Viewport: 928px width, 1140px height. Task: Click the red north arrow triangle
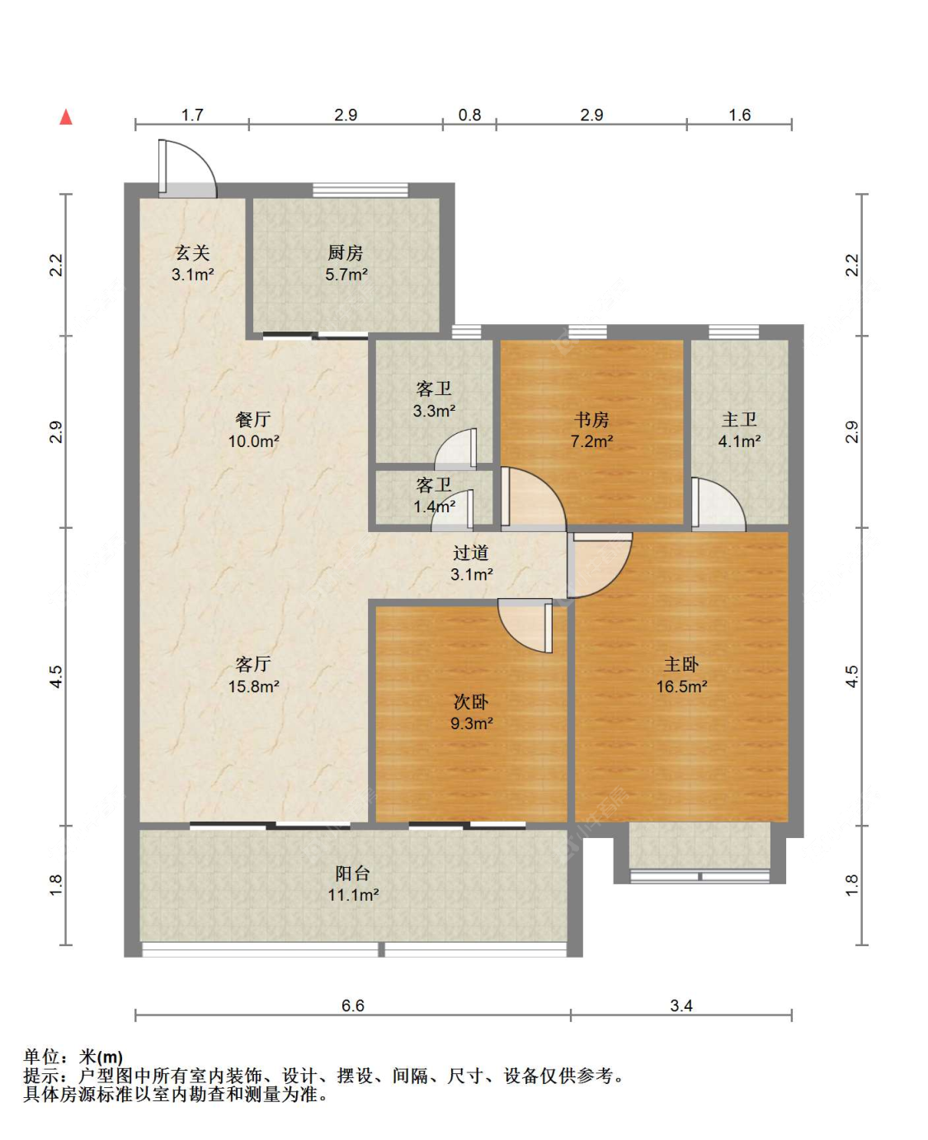(66, 116)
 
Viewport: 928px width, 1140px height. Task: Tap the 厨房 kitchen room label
(346, 252)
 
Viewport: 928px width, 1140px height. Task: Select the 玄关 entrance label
(193, 252)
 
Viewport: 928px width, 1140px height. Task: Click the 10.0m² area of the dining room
(254, 441)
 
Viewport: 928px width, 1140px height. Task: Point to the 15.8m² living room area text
(254, 686)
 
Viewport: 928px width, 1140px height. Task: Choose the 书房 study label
(591, 420)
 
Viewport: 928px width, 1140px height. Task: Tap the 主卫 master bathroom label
(739, 420)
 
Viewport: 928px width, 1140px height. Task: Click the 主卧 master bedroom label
(681, 665)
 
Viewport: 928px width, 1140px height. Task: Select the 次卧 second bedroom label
(471, 702)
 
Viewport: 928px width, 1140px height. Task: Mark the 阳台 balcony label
(353, 874)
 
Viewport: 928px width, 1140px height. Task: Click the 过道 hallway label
(471, 553)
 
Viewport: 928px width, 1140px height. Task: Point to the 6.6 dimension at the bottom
(353, 1006)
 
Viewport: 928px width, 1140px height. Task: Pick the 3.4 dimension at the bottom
(681, 1006)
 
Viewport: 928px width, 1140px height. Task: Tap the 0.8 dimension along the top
(469, 115)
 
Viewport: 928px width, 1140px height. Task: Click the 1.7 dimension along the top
(192, 115)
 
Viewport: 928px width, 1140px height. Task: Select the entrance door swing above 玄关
(187, 168)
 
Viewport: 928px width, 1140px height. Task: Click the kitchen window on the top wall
(360, 190)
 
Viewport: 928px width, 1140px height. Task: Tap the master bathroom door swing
(718, 504)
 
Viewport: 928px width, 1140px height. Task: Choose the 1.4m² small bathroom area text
(434, 506)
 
